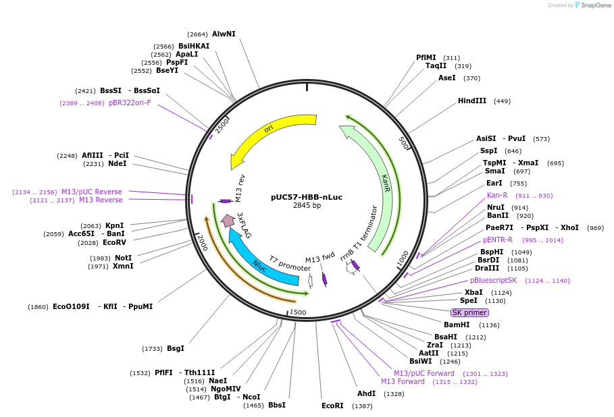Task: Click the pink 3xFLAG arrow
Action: pos(228,220)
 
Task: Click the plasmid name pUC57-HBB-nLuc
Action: pos(307,197)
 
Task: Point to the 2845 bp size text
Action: pos(307,205)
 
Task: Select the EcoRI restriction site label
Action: pos(332,406)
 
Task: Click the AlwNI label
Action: pos(224,34)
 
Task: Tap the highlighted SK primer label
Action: pos(469,312)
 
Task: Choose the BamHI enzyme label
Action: pos(457,325)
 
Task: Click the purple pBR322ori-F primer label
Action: pos(130,103)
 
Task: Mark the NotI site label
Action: pos(123,258)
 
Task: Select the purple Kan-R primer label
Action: pos(496,195)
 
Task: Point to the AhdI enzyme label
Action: pos(366,393)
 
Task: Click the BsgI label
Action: pos(175,348)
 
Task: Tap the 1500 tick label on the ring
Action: pos(298,312)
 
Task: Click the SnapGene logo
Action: pos(592,5)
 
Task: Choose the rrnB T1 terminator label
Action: pos(358,232)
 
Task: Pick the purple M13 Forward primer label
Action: pos(403,381)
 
